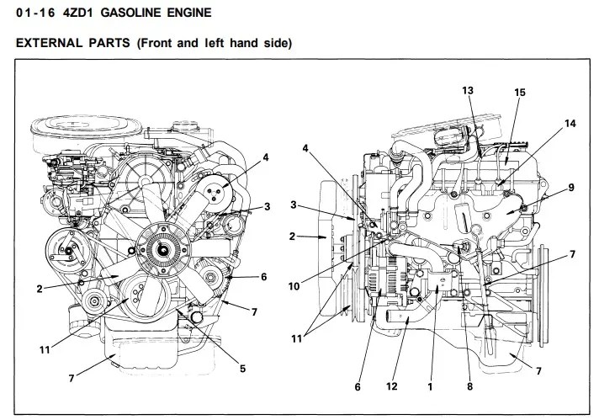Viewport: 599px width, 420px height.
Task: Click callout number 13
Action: click(x=468, y=90)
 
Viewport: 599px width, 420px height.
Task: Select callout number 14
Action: click(x=570, y=123)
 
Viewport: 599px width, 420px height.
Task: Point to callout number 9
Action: click(x=570, y=188)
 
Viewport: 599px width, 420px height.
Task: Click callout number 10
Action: click(x=294, y=286)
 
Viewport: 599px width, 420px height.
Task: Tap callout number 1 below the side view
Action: click(x=430, y=386)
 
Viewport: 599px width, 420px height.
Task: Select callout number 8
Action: click(x=469, y=386)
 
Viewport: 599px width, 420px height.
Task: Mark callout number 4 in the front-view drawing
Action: click(x=265, y=157)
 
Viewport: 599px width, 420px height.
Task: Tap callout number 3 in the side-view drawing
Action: click(x=294, y=205)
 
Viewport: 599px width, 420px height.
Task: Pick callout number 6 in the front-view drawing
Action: click(x=263, y=276)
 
